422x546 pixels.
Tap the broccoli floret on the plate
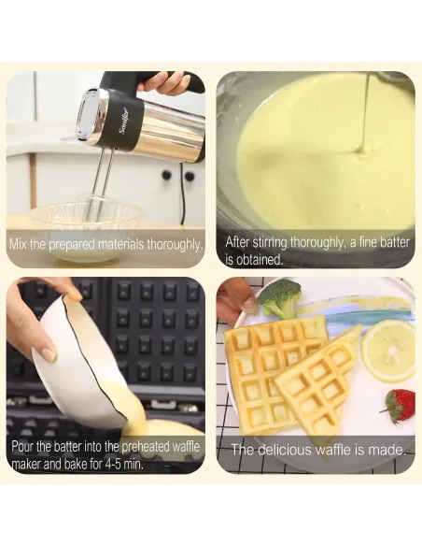pyautogui.click(x=279, y=298)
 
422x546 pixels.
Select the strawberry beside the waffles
pyautogui.click(x=400, y=406)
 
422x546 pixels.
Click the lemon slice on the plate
pyautogui.click(x=389, y=351)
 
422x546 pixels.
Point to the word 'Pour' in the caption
pyautogui.click(x=22, y=446)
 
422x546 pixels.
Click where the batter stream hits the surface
pyautogui.click(x=363, y=151)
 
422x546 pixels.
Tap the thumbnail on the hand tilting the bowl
pyautogui.click(x=49, y=354)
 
